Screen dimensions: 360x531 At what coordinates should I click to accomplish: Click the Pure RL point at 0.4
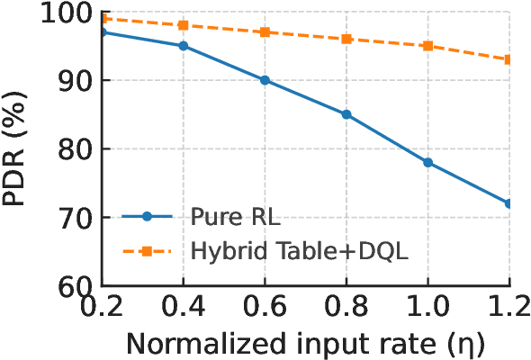184,46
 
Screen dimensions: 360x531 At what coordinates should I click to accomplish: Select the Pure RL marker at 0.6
265,80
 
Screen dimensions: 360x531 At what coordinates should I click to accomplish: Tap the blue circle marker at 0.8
346,114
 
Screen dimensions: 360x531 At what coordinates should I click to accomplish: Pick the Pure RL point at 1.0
427,163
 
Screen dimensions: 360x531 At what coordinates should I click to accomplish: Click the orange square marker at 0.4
184,25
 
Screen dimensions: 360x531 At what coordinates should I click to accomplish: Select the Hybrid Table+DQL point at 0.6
265,32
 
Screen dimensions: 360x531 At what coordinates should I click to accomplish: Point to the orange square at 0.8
346,39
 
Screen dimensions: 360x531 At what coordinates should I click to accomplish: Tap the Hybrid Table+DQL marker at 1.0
427,46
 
